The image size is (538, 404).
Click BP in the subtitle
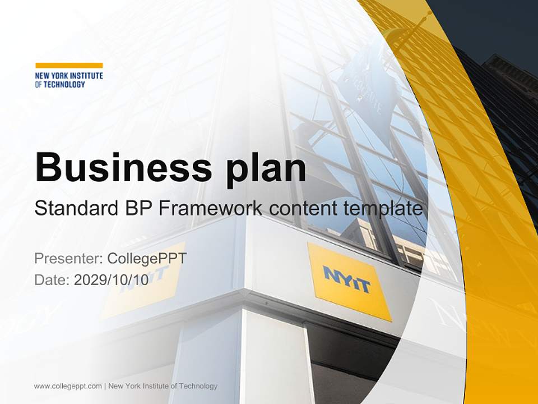(137, 209)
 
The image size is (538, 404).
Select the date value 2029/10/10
(112, 280)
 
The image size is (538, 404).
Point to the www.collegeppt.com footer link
(68, 386)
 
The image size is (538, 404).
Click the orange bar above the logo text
(69, 65)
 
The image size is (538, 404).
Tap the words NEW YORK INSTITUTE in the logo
(69, 76)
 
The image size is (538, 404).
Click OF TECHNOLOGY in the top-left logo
(60, 84)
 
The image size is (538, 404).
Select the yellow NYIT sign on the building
(349, 281)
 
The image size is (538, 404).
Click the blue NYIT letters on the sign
(347, 279)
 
